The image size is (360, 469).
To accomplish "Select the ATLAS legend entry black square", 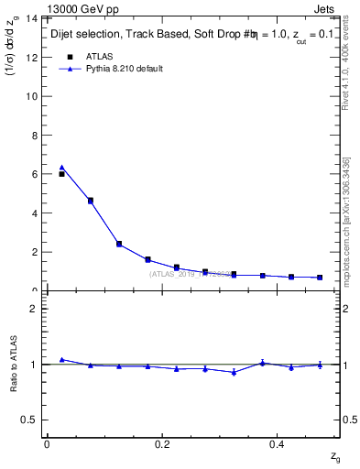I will [x=68, y=57].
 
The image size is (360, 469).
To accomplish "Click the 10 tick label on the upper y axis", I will [x=30, y=96].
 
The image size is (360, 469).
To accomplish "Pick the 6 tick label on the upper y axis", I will [x=33, y=174].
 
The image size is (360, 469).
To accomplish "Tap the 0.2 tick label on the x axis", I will [x=162, y=444].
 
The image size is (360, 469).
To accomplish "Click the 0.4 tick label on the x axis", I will [x=278, y=444].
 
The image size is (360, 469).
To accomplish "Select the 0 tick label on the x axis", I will [x=47, y=444].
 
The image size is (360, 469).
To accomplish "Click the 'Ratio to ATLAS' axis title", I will [x=14, y=364].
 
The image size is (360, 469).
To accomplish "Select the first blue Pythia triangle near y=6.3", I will [x=61, y=168].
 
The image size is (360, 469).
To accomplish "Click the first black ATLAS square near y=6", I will [x=61, y=174].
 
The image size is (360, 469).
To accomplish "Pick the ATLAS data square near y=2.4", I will [x=119, y=244].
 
